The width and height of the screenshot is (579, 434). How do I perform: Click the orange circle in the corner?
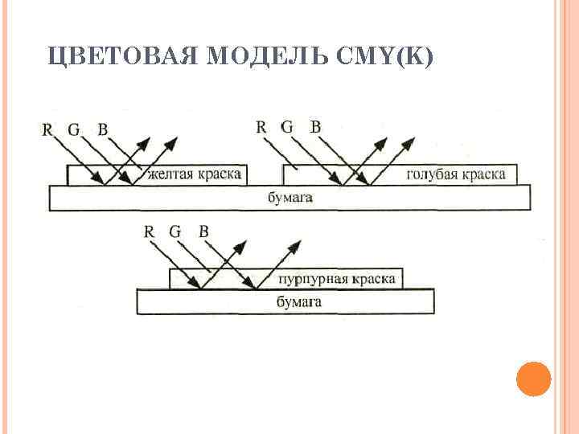(x=532, y=379)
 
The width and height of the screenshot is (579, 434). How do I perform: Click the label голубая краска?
(x=456, y=174)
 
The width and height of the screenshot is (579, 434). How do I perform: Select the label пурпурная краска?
(x=337, y=279)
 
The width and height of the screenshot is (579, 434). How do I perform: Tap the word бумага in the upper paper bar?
(x=289, y=197)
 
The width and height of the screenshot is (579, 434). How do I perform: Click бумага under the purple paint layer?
(x=298, y=302)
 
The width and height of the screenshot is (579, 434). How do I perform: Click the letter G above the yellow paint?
(x=74, y=129)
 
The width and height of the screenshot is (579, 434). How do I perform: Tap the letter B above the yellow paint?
(x=102, y=129)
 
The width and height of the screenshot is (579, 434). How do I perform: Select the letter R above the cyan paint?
(x=261, y=127)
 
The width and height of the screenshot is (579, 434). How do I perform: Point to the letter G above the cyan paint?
(x=287, y=127)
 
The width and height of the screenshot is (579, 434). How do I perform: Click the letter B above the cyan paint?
(x=315, y=127)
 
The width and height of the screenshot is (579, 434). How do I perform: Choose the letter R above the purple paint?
(x=149, y=231)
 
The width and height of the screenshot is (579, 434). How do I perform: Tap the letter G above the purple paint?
(x=175, y=231)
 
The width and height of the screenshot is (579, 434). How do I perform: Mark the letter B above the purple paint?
(x=203, y=231)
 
